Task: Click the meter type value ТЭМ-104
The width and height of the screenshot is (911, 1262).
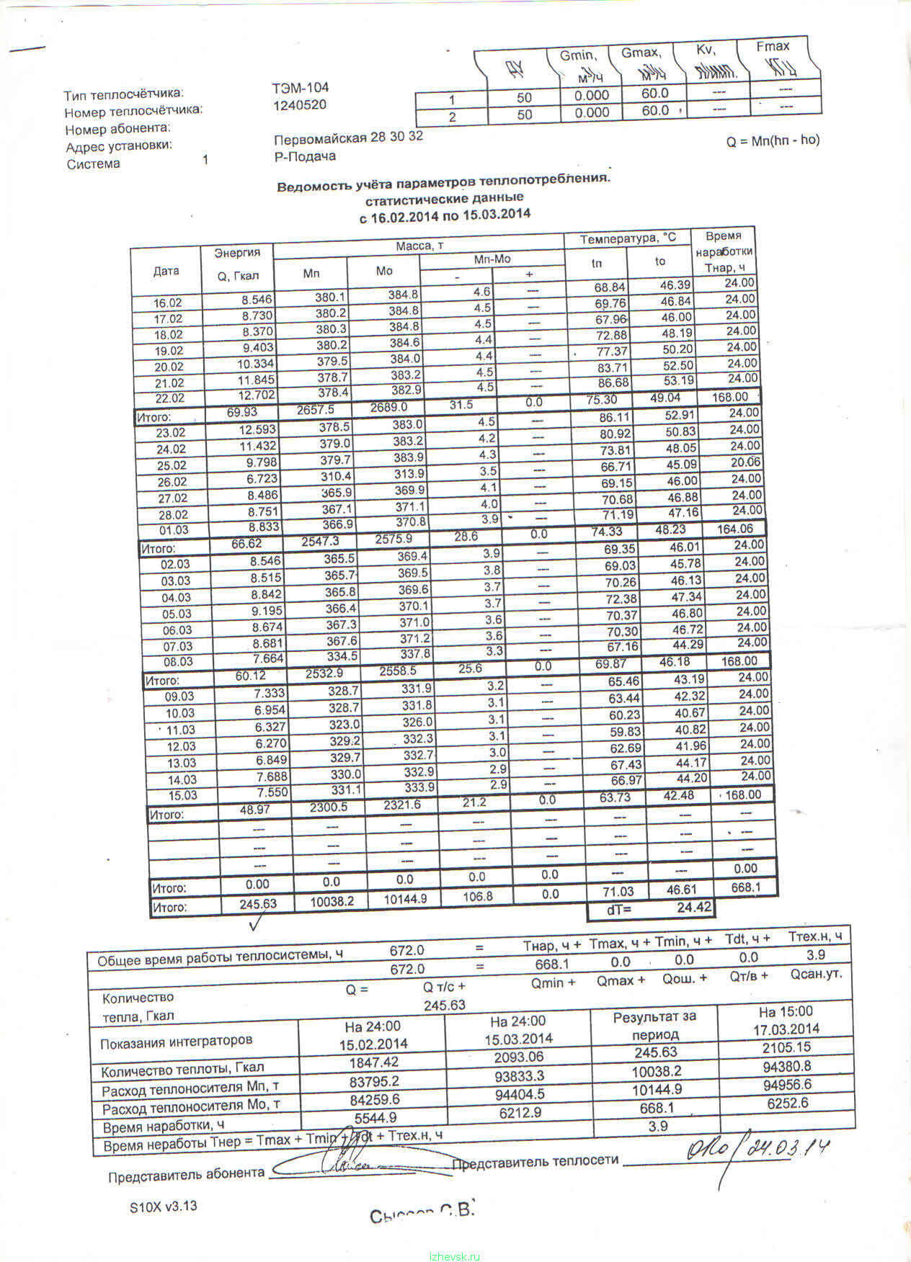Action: pos(300,88)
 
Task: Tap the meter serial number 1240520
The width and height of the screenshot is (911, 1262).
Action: pos(299,105)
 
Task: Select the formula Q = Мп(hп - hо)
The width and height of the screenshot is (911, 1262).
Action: pos(773,141)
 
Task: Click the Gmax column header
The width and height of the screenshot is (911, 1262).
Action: pos(641,53)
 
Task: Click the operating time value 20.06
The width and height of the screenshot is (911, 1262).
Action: pos(745,462)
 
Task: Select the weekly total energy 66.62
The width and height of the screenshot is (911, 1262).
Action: pos(246,544)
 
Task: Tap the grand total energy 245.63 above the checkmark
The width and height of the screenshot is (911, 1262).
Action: pos(257,903)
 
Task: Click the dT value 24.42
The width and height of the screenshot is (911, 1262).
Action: pos(694,908)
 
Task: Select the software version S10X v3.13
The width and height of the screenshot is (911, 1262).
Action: pos(163,1207)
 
